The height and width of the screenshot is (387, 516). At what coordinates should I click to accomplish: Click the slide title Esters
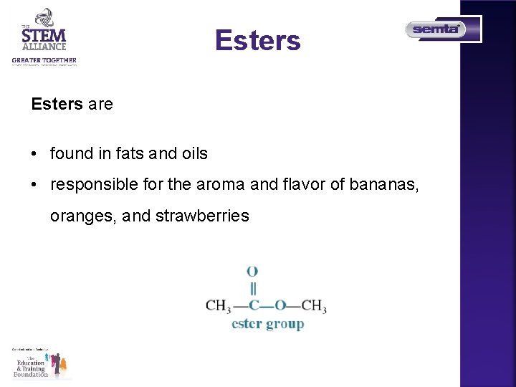(x=258, y=41)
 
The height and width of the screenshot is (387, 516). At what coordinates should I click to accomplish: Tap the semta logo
(x=436, y=29)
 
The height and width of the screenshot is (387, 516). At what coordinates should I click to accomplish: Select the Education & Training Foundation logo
(x=42, y=363)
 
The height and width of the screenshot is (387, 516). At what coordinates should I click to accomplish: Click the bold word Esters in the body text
(x=57, y=104)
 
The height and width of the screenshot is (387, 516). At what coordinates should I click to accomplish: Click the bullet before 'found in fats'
(x=34, y=154)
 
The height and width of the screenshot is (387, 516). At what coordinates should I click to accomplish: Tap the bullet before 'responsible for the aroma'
(x=34, y=185)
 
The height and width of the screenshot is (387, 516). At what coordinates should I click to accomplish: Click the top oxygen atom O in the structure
(x=252, y=272)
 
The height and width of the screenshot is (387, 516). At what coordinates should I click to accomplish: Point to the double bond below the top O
(x=252, y=288)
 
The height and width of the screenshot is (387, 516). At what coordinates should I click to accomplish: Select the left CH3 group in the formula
(x=218, y=306)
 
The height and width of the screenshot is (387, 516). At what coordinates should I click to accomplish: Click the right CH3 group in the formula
(x=313, y=306)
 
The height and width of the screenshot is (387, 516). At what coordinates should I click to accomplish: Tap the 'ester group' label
(x=267, y=324)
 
